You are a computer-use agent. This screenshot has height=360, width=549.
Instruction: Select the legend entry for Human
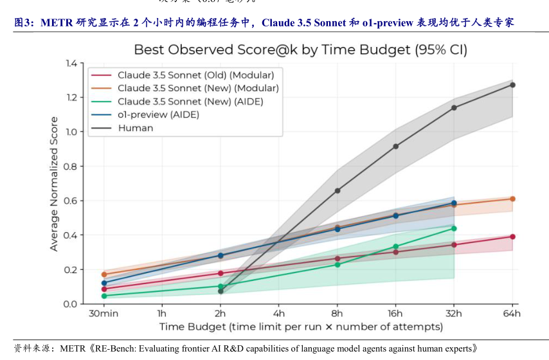point(135,128)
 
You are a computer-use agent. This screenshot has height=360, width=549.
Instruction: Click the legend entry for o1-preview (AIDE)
point(158,114)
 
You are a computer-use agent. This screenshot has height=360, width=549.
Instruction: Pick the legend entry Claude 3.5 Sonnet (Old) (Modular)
point(195,75)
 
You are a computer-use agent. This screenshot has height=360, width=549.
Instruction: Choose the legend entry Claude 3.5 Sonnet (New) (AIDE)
point(190,102)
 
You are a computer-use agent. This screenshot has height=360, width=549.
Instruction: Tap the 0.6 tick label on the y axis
point(69,201)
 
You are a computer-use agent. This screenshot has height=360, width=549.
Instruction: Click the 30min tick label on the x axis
point(104,314)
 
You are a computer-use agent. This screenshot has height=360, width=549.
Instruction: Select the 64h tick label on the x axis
point(512,314)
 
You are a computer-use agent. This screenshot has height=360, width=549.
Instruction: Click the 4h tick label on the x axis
point(278,314)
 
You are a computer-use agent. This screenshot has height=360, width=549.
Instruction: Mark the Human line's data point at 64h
point(512,85)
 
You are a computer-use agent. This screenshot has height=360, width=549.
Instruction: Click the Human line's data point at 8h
point(337,191)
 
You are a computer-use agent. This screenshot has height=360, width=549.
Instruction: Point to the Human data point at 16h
point(395,147)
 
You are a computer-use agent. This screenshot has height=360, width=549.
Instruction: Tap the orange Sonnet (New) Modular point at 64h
point(512,199)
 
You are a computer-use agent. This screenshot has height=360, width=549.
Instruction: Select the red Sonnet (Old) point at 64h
point(512,237)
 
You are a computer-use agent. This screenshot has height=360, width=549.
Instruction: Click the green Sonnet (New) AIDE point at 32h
point(454,228)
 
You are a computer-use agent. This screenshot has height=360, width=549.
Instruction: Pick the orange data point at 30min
point(104,274)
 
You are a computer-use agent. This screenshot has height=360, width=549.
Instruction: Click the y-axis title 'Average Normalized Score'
point(54,184)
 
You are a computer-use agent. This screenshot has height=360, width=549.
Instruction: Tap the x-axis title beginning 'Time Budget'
point(301,327)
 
